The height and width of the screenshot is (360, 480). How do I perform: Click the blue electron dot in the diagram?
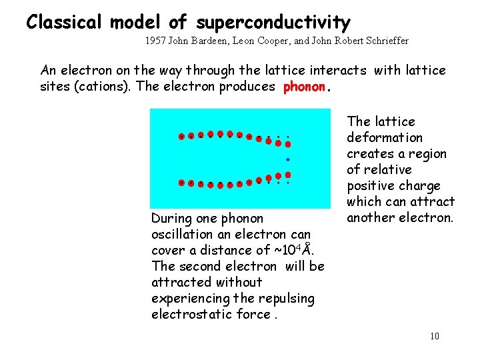(x=288, y=159)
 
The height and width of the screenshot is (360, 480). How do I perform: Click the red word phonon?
(x=305, y=87)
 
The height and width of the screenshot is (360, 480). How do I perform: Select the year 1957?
(x=155, y=41)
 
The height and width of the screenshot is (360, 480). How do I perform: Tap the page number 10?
(x=434, y=335)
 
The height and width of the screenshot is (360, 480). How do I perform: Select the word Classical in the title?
(x=63, y=23)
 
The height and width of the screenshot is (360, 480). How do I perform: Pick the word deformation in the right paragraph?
(x=385, y=137)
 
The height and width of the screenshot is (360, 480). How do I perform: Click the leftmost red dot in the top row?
(x=181, y=137)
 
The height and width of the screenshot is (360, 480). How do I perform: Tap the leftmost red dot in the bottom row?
(x=181, y=183)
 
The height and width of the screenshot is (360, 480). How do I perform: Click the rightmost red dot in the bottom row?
(x=288, y=175)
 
